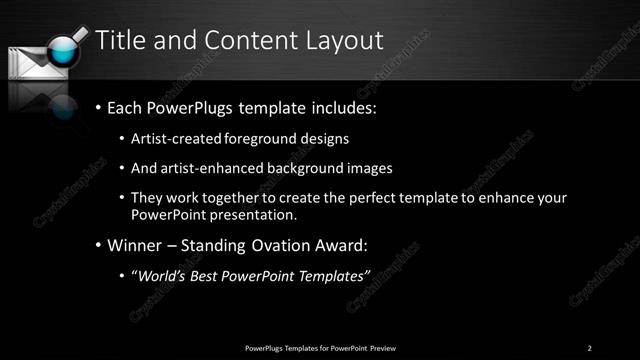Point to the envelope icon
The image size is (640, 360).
point(30,62)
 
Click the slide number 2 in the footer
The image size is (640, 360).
point(590,347)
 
